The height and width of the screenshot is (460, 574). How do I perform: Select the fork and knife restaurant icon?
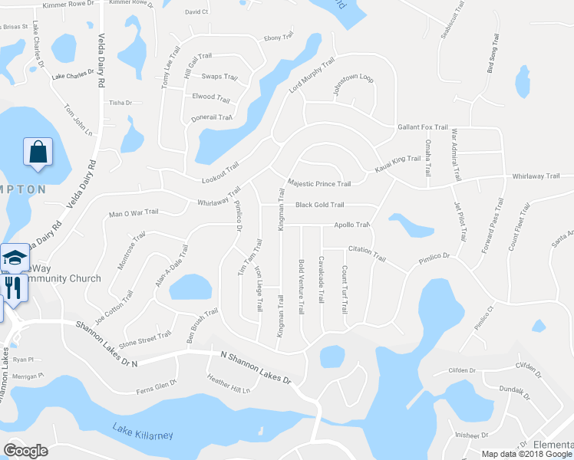point(13,287)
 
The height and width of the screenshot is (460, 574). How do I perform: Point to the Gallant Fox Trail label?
point(422,127)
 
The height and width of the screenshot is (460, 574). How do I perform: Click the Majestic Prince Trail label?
point(318,184)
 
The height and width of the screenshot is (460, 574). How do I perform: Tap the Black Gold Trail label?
point(319,205)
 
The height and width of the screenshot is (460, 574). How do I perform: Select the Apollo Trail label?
point(352,225)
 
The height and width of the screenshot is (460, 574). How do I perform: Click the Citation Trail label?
point(366,249)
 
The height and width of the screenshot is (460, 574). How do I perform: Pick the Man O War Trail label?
point(134,212)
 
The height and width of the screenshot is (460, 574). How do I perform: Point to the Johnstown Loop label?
point(352,79)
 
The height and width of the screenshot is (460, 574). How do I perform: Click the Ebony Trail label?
point(279,37)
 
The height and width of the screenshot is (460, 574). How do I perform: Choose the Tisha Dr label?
point(120,103)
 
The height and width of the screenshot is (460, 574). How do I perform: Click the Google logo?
point(25,451)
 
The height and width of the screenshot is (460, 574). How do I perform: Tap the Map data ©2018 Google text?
point(524,454)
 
